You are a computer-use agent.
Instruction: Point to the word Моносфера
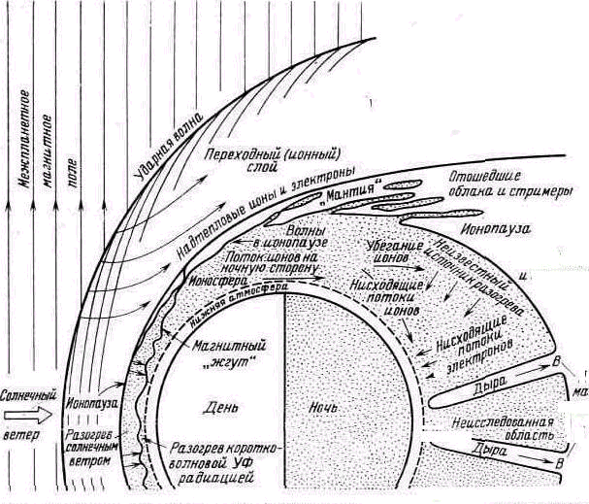pos(215,278)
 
